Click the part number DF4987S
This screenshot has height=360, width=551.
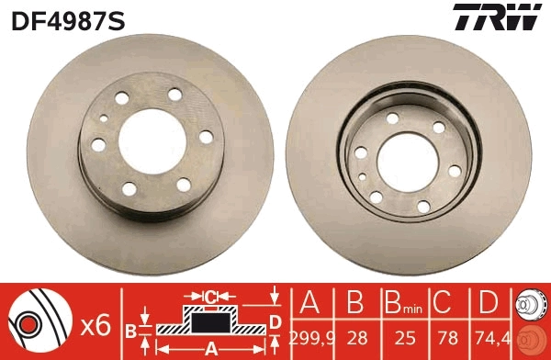[x=67, y=17]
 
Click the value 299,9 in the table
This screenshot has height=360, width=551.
[x=311, y=338]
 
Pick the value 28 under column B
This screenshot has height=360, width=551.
[x=355, y=338]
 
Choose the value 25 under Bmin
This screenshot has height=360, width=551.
[x=400, y=338]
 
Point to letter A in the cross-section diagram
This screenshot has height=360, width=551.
[x=210, y=348]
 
